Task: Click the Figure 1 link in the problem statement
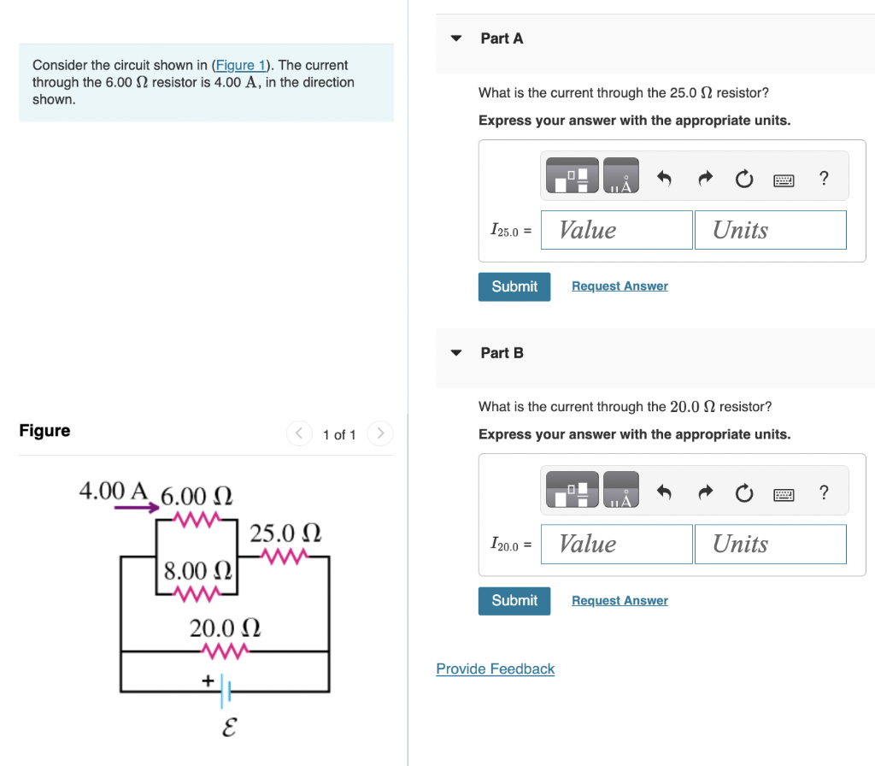click(240, 65)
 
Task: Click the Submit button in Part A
click(514, 286)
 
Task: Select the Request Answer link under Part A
click(620, 286)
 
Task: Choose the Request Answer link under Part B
click(620, 600)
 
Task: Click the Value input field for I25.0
click(616, 230)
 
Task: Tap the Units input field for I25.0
click(770, 230)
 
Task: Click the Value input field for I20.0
click(616, 544)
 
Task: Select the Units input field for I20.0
click(770, 544)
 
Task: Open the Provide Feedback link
click(495, 669)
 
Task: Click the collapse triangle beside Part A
click(456, 38)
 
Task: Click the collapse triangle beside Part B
click(456, 352)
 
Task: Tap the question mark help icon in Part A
click(823, 178)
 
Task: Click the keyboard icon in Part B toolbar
click(784, 492)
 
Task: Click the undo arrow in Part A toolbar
click(664, 178)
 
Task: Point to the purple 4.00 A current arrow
click(137, 507)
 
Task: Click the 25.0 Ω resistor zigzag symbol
click(285, 557)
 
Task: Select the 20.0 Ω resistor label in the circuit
click(225, 628)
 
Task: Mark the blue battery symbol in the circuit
click(226, 689)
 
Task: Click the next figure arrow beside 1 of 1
click(380, 434)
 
